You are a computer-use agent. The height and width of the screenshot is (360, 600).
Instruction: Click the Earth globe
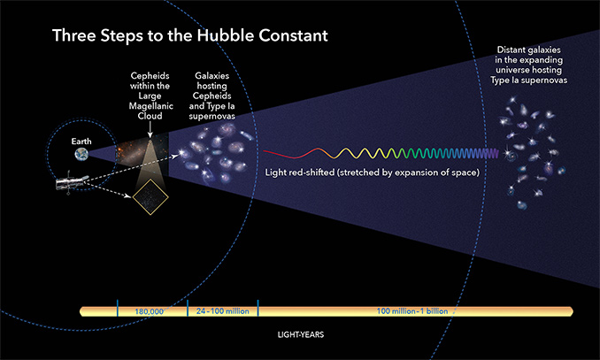[x=81, y=155]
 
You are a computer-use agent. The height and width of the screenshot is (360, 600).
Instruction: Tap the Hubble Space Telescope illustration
[x=72, y=182]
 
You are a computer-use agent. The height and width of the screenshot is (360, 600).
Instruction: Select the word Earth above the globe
[x=81, y=142]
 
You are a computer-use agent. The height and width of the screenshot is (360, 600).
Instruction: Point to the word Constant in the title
[x=294, y=35]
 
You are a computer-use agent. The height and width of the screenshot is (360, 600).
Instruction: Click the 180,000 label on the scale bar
[x=149, y=311]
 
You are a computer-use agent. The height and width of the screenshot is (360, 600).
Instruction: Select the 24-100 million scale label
[x=222, y=311]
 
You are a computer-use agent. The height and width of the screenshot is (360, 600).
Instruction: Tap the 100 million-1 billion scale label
[x=412, y=311]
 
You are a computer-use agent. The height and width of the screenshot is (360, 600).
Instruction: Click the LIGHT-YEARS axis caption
[x=301, y=334]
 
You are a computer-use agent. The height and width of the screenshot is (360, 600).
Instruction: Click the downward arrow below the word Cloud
[x=150, y=129]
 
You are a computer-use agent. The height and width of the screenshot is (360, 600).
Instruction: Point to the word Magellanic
[x=150, y=106]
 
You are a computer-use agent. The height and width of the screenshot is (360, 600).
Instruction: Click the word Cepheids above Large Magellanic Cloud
[x=150, y=76]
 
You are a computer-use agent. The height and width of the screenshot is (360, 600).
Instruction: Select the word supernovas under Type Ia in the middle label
[x=212, y=116]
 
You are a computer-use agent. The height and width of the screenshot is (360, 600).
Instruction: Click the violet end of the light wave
[x=497, y=154]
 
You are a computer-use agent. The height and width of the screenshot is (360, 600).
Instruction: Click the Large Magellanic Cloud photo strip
[x=142, y=150]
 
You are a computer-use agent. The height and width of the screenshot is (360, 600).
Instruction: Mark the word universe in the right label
[x=512, y=70]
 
